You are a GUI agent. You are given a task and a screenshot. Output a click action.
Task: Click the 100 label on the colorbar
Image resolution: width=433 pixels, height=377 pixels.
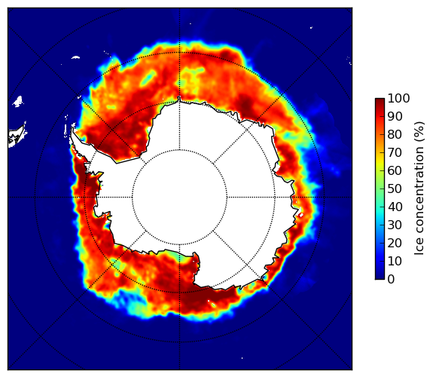tap(398, 99)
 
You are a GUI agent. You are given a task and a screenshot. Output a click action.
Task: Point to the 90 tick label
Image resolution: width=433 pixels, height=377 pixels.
tap(395, 116)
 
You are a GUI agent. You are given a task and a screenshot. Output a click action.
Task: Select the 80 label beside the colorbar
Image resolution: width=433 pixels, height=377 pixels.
tap(395, 135)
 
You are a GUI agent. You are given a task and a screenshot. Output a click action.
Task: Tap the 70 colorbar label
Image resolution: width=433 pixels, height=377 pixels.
tap(395, 152)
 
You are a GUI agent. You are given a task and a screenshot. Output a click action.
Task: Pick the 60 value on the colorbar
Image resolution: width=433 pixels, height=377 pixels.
tap(395, 170)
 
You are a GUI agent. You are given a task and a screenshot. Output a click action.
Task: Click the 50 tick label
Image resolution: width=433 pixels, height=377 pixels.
tap(395, 189)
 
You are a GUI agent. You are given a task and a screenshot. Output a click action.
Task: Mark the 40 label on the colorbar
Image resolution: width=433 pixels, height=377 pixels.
tap(395, 207)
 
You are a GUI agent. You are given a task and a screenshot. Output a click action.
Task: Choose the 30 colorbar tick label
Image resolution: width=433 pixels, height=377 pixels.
tap(395, 225)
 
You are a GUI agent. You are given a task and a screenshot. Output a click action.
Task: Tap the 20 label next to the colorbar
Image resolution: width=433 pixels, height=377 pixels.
tap(395, 243)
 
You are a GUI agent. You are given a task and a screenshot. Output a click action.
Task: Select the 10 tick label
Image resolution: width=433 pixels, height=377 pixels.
tap(395, 261)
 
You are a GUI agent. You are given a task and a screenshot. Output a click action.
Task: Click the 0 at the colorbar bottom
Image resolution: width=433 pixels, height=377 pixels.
tap(392, 280)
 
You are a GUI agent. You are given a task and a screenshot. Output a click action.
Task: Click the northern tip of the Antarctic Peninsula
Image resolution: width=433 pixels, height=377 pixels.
tap(72, 129)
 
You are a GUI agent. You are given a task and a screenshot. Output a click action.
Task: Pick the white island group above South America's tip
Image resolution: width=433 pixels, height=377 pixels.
tap(18, 101)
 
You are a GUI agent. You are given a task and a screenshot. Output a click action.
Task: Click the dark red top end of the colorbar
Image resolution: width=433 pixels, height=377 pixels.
tap(380, 100)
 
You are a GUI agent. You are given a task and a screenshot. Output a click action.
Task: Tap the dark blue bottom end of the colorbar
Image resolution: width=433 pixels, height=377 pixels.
tap(380, 277)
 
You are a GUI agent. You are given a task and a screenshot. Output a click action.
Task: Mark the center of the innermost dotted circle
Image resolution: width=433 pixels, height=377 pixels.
tap(179, 198)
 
